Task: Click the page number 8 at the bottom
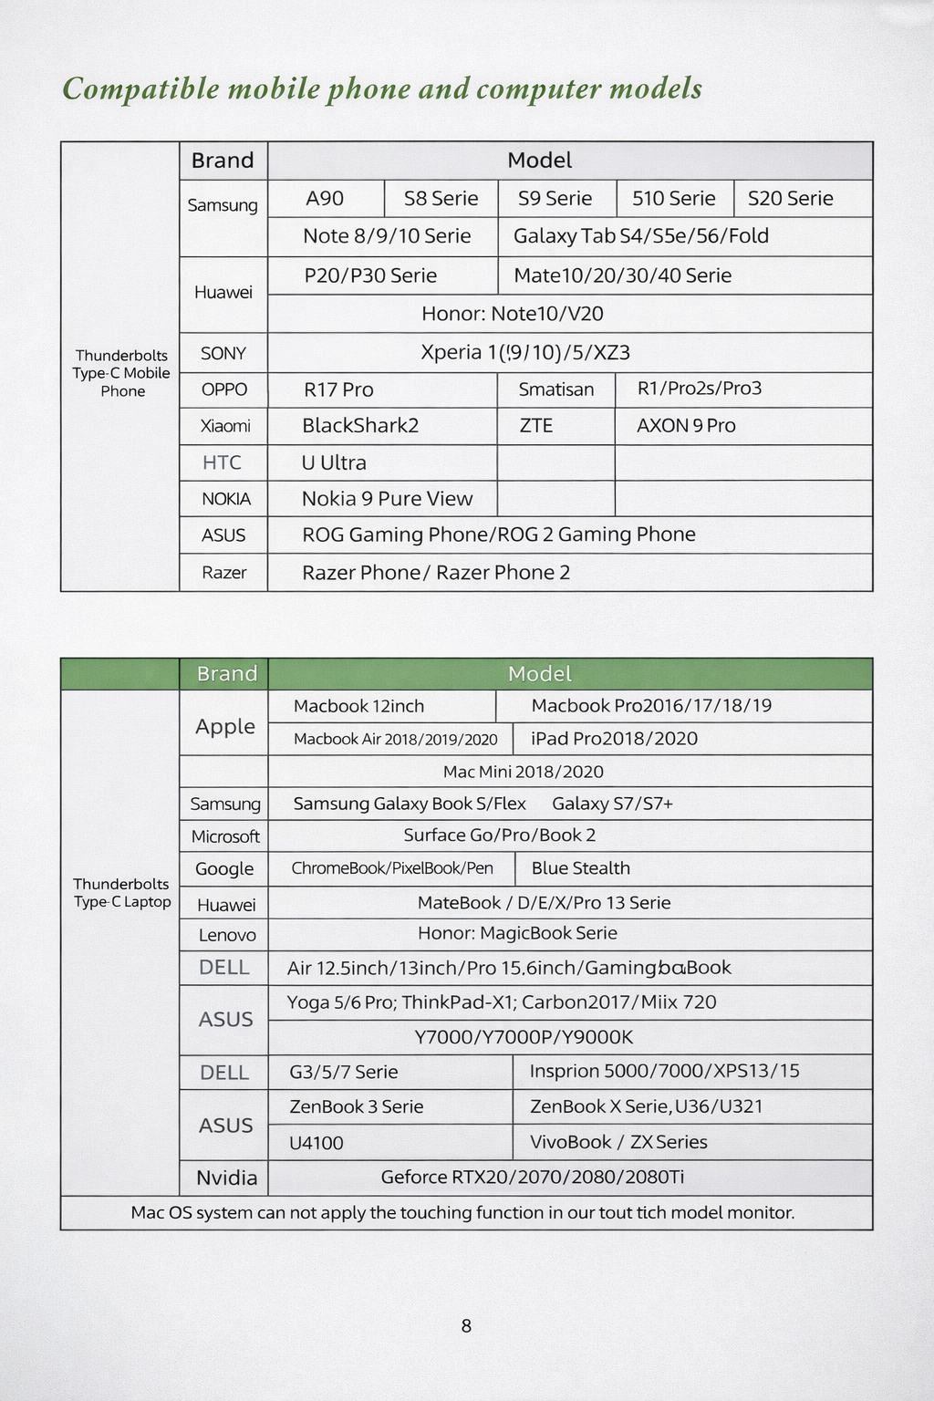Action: pos(466,1326)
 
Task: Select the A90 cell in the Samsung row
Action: pos(325,199)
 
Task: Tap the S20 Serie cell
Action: pos(790,199)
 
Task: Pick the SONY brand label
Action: pos(223,354)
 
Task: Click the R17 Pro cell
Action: pos(338,390)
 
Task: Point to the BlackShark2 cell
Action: pos(360,426)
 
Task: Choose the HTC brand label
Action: pos(222,462)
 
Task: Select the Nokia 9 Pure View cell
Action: pos(387,499)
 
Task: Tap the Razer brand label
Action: pos(224,573)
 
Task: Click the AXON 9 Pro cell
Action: pos(686,426)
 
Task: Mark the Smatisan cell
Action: pos(555,390)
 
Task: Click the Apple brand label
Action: pos(225,727)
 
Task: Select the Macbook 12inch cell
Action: pos(358,706)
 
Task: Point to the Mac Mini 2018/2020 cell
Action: pos(523,772)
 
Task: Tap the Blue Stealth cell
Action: pos(580,868)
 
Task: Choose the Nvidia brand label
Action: pos(226,1178)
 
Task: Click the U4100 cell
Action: pos(316,1143)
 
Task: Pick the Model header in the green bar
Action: pos(539,674)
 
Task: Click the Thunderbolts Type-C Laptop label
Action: pos(121,893)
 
